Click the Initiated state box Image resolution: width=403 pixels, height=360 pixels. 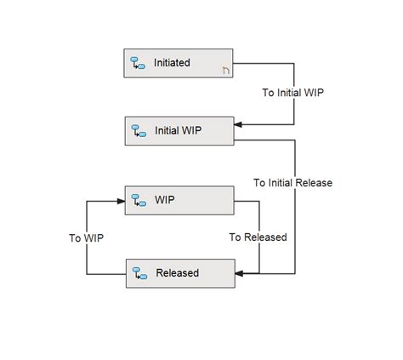pos(179,64)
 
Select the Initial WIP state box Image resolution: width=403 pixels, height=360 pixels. pos(179,130)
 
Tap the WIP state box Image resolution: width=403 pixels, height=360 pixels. pos(179,202)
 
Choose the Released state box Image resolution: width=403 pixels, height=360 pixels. pos(179,273)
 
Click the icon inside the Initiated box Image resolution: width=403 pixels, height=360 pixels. pos(138,64)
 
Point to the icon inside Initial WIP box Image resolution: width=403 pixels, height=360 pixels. pos(138,131)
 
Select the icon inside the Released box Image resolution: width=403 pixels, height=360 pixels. pos(139,274)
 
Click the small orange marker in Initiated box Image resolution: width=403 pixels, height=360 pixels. pos(225,71)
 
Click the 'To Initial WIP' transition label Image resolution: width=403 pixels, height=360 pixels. pos(293,93)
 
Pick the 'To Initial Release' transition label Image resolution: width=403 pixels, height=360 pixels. pos(292,182)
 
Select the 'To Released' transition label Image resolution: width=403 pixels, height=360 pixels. pos(258,237)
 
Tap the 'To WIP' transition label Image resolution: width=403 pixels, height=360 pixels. pos(87,238)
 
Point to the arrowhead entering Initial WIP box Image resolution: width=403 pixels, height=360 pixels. pos(238,125)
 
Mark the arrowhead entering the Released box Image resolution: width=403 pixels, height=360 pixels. pos(239,273)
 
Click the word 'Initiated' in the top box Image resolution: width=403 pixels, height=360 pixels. pos(172,63)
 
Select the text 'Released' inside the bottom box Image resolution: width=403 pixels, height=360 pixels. pos(177,273)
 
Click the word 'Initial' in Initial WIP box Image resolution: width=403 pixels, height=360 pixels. pos(167,131)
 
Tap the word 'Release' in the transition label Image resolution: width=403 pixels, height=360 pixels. pos(314,182)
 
